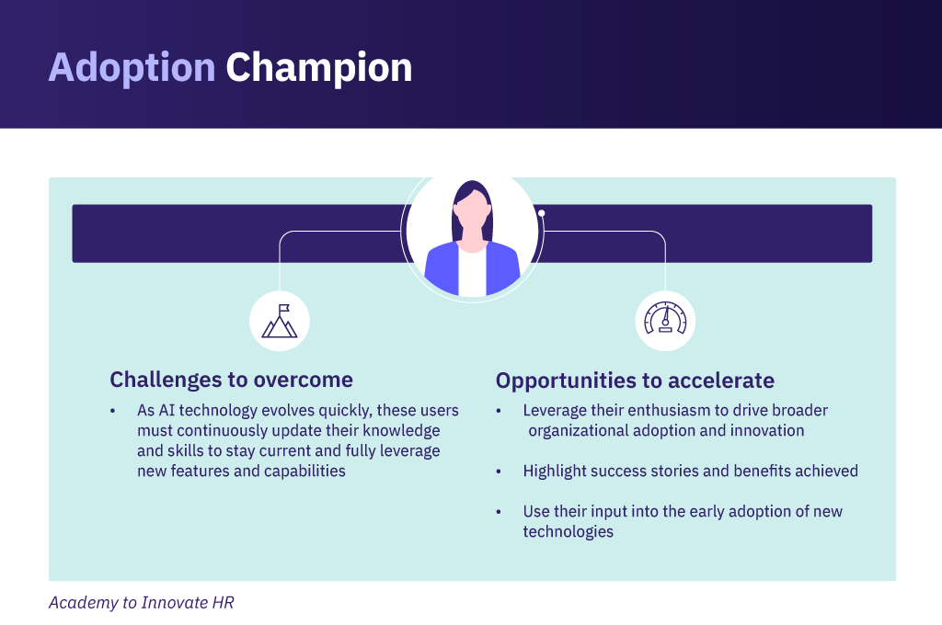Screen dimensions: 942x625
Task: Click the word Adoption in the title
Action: click(132, 68)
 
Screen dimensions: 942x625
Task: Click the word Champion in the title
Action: click(319, 68)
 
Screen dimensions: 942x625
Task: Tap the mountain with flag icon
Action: click(280, 321)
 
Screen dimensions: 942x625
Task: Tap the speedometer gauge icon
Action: click(665, 318)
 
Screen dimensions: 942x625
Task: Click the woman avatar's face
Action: click(472, 213)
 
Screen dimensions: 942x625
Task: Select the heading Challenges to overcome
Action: click(231, 380)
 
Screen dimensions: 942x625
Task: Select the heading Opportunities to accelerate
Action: click(635, 381)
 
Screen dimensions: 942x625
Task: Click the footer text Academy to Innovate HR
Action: click(141, 602)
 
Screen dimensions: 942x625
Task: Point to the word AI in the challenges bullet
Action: click(167, 410)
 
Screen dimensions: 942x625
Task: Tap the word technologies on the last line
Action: click(569, 532)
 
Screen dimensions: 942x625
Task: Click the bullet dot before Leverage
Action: click(499, 411)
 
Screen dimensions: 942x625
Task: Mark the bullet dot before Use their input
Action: click(499, 512)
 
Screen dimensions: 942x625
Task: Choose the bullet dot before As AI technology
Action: click(112, 411)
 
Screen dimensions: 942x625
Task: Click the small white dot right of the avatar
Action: click(541, 213)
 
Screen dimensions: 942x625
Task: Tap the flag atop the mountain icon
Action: click(284, 309)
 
